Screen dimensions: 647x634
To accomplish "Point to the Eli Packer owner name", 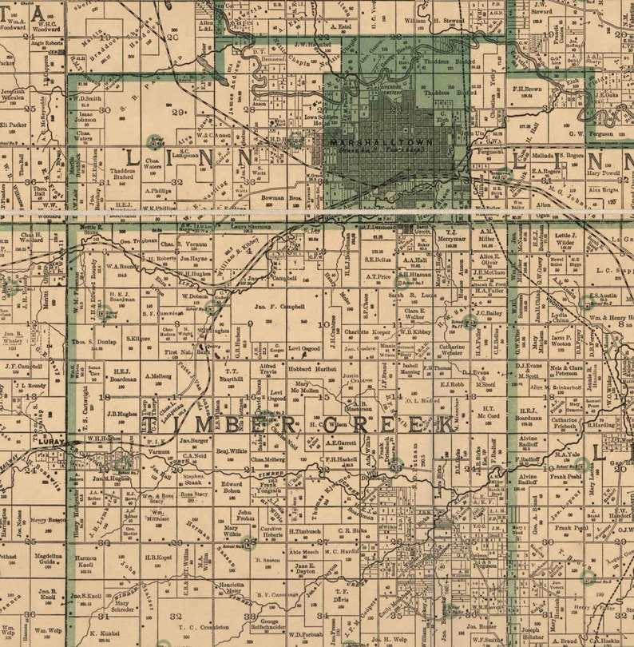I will coord(13,125).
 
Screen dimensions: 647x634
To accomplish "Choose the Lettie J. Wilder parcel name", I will coord(565,238).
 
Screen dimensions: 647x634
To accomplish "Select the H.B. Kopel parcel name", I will coord(159,557).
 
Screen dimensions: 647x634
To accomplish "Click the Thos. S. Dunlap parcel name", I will coord(95,341).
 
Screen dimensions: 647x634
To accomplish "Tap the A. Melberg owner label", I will coord(159,375).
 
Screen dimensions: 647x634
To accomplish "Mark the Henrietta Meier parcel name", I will coord(232,587).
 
